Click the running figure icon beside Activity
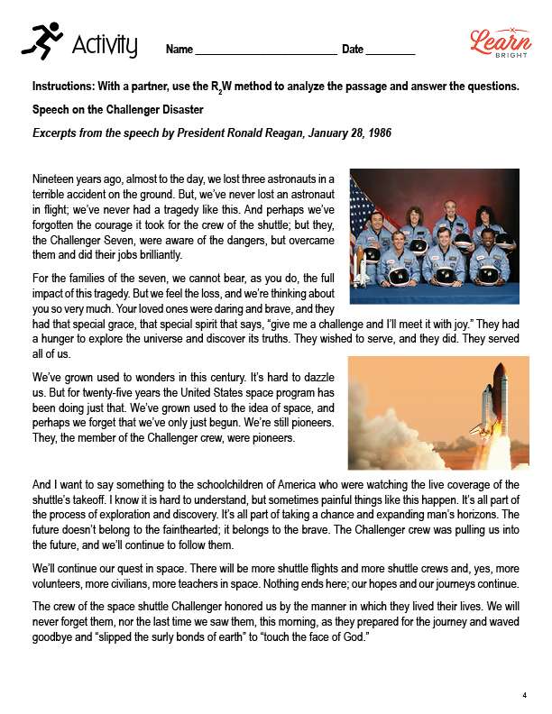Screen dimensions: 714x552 click(41, 41)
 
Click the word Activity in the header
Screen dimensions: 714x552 click(105, 44)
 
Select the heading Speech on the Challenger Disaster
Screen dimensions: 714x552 click(117, 110)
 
